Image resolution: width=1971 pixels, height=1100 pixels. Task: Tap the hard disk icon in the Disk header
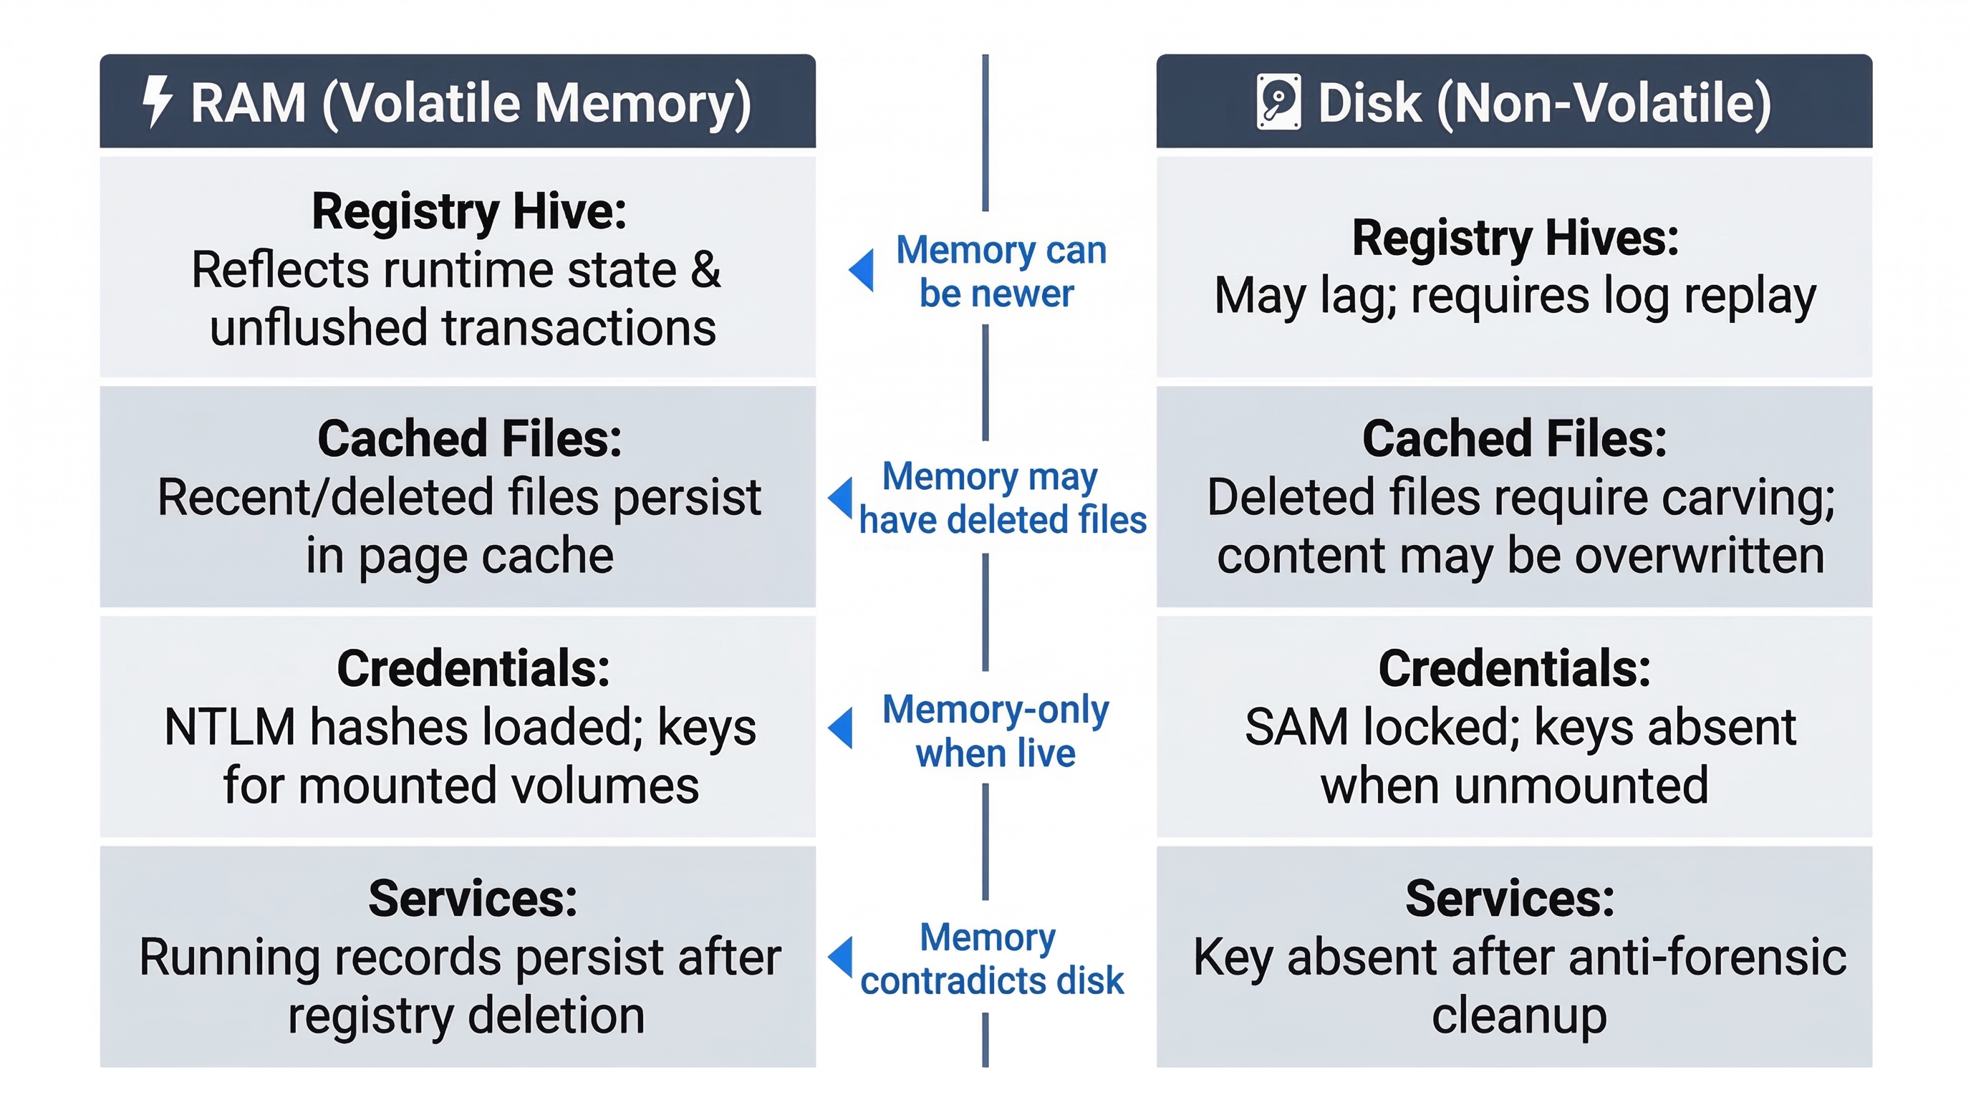coord(1278,102)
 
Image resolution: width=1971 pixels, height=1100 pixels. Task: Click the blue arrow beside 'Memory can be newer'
coord(862,270)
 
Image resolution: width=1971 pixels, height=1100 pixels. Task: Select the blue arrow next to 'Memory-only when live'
coord(841,728)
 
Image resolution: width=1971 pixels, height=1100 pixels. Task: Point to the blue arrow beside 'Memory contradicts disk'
coord(841,957)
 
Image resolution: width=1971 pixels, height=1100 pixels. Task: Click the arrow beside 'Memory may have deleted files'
coord(841,498)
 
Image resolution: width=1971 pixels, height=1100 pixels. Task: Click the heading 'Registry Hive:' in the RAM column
coord(469,211)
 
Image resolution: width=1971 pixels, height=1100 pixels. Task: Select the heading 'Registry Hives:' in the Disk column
coord(1515,238)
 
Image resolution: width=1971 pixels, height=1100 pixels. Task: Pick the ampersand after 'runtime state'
coord(705,270)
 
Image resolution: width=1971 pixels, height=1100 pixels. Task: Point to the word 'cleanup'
coord(1519,1016)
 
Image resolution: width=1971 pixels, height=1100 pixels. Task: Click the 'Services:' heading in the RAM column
coord(473,898)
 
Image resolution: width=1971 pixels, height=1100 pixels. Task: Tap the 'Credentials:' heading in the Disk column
coord(1515,669)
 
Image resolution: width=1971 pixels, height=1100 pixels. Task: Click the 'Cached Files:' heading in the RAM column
coord(470,439)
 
